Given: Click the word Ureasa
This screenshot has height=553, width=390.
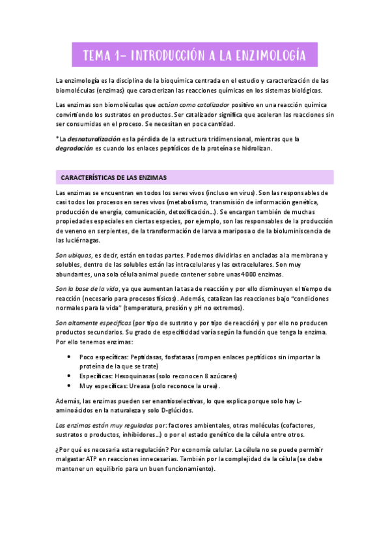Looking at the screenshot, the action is (146, 385).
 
